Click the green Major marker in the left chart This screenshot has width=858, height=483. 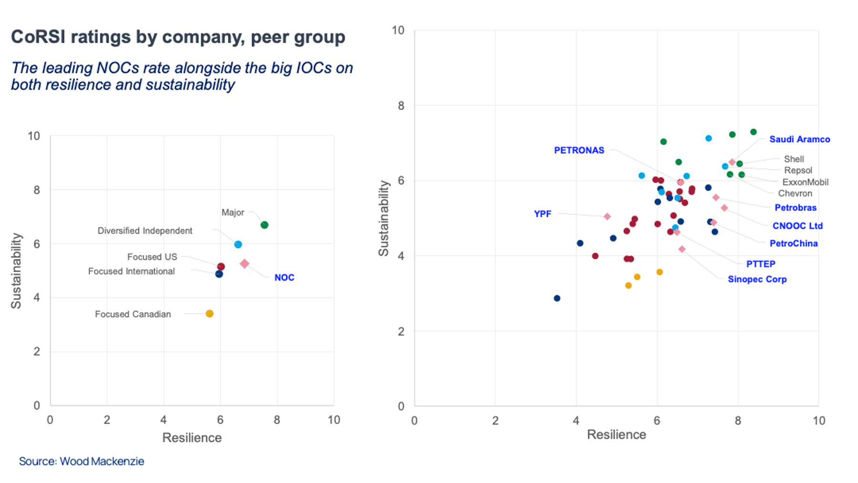click(265, 225)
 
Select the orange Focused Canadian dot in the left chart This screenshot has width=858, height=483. click(210, 314)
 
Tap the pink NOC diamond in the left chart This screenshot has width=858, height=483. click(245, 264)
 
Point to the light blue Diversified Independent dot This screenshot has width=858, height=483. click(238, 245)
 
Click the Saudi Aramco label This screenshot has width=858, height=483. click(799, 139)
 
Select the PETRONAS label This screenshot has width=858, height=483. click(579, 150)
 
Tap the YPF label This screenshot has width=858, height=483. click(542, 214)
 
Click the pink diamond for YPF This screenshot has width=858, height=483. click(607, 216)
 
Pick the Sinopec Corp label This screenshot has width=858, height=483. click(757, 279)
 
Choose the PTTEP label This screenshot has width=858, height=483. click(760, 264)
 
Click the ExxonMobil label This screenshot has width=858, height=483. click(805, 182)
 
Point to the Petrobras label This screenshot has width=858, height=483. click(795, 207)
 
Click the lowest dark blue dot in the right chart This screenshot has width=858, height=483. click(557, 298)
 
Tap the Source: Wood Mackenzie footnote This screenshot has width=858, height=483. click(82, 462)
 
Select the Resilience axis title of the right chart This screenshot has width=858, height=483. click(616, 434)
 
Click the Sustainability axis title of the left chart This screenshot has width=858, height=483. click(16, 271)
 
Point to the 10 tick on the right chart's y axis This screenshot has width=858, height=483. click(398, 31)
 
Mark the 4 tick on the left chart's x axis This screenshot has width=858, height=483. click(163, 420)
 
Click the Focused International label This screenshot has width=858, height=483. click(131, 271)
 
